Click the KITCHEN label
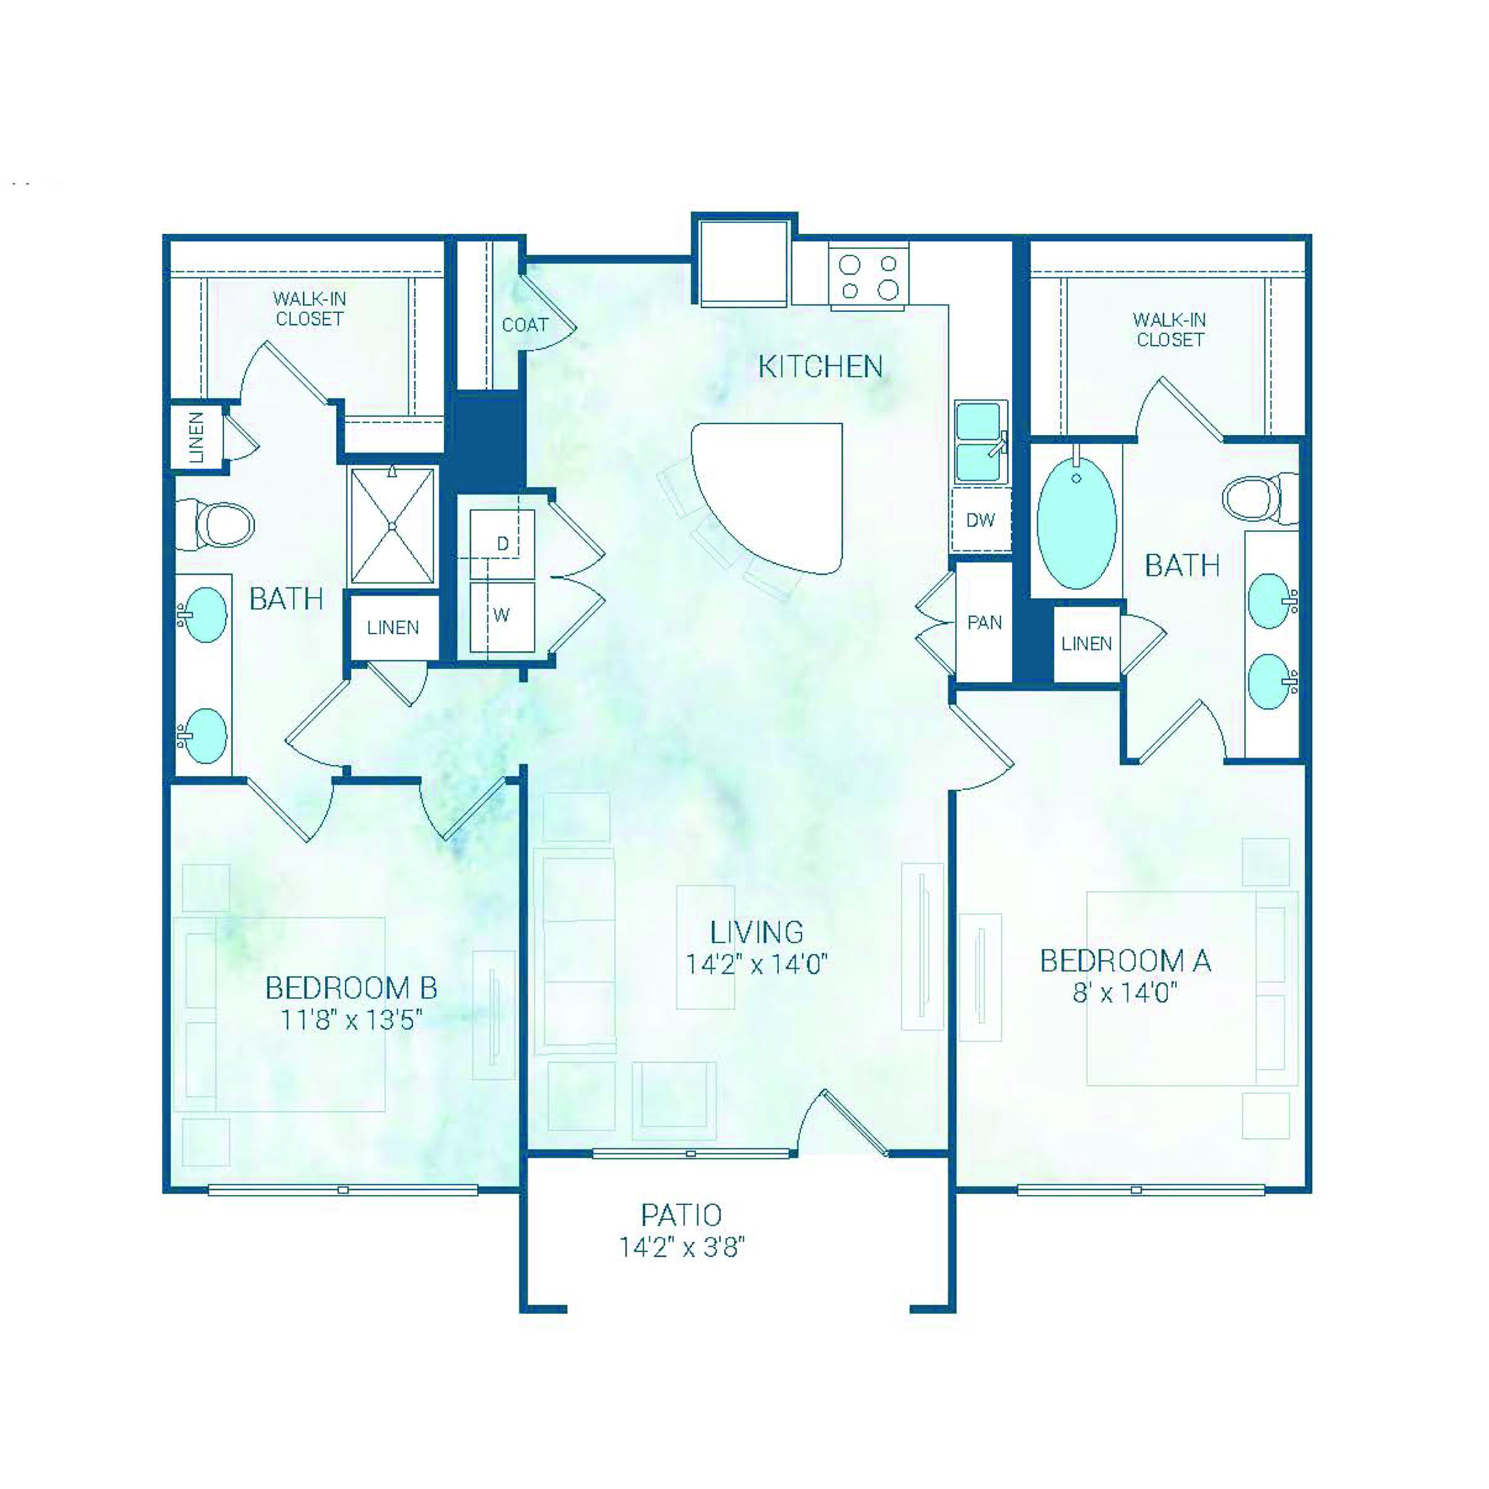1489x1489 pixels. [x=820, y=367]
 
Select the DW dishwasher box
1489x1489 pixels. [x=980, y=520]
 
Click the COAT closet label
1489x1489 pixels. [x=525, y=325]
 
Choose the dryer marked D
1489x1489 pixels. [x=503, y=543]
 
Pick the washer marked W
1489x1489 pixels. [x=502, y=615]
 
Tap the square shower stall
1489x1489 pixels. [x=392, y=526]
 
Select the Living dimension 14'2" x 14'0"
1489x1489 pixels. [x=756, y=964]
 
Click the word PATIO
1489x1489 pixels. [x=681, y=1216]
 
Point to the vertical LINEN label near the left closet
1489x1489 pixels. [x=197, y=437]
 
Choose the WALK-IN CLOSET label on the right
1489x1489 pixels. [x=1170, y=329]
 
